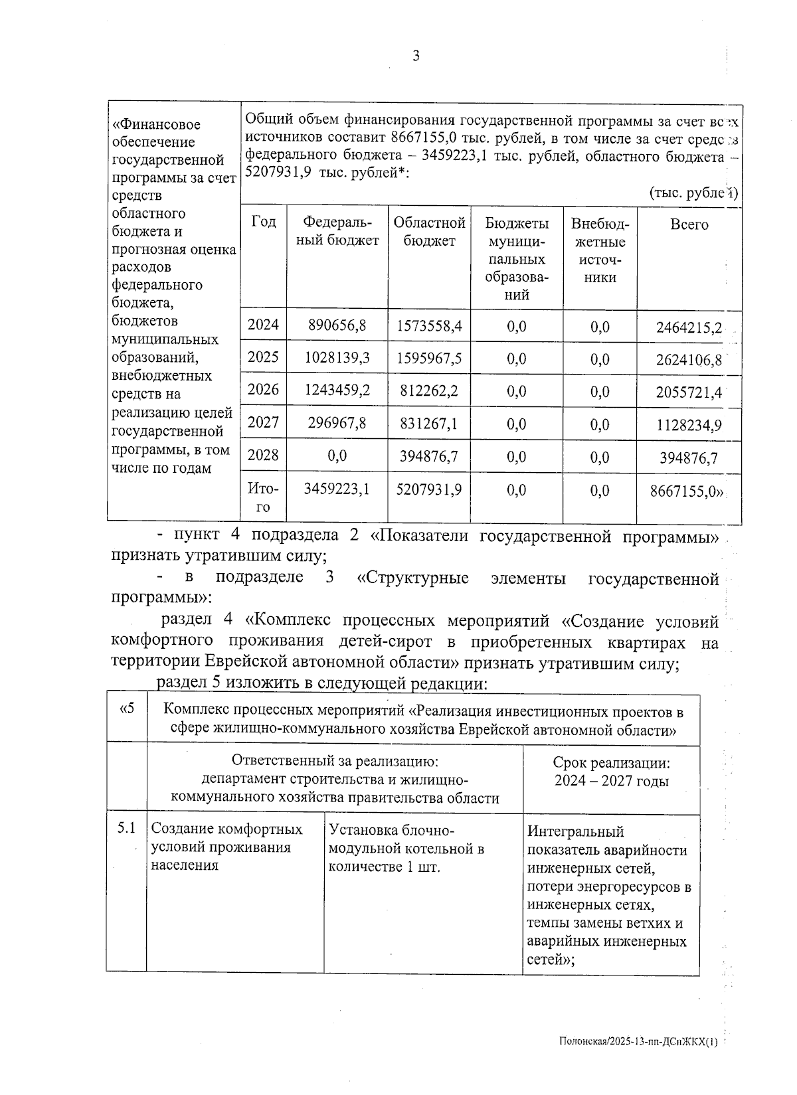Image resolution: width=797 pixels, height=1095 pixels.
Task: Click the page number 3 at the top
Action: tap(416, 56)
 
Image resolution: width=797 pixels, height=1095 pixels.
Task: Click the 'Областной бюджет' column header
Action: tap(429, 232)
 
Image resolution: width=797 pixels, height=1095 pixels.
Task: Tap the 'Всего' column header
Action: tap(689, 225)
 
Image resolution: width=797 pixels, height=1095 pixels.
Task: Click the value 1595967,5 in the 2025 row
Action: tap(429, 359)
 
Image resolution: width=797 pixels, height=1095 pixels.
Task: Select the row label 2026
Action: tap(263, 390)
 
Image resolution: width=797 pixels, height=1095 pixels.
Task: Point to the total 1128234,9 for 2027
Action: tap(689, 425)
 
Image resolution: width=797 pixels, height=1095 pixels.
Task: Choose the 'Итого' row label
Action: tap(263, 498)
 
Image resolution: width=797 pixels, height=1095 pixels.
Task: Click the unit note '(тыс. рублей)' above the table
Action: tap(693, 193)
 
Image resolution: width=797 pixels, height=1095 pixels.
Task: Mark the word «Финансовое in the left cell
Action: tap(156, 125)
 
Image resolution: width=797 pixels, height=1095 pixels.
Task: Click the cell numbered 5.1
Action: tap(126, 829)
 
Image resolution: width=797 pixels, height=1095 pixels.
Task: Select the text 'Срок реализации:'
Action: tap(611, 764)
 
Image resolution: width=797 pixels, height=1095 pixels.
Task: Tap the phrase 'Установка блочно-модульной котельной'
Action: tap(406, 839)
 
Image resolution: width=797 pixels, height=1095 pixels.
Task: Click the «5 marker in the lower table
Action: tap(126, 709)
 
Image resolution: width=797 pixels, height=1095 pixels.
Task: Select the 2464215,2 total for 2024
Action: tap(689, 327)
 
